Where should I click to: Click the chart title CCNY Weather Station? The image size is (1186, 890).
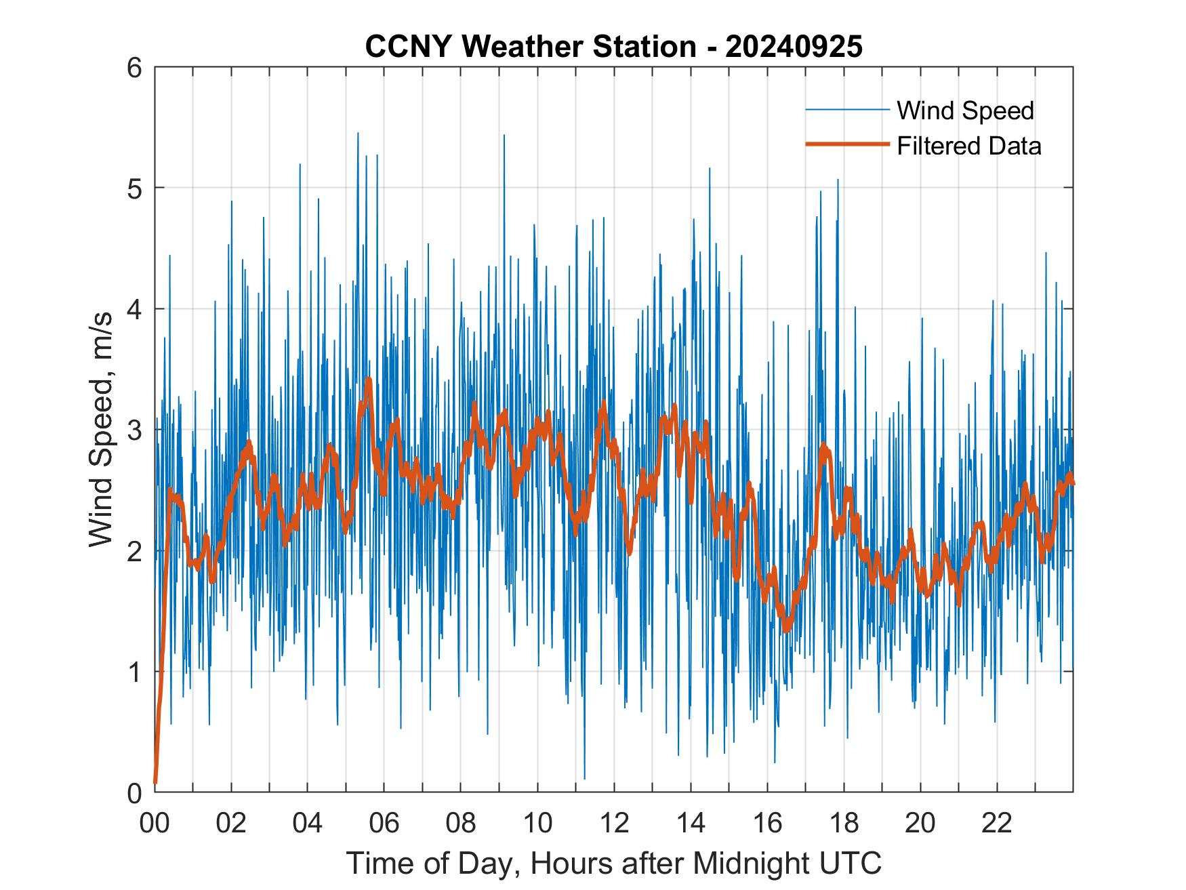click(x=530, y=47)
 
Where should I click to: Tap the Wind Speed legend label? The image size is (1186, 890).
click(x=965, y=110)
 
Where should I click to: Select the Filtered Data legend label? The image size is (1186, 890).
click(x=968, y=146)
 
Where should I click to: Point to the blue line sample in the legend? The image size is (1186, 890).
click(x=847, y=110)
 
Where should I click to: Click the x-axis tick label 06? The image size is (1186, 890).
click(x=384, y=823)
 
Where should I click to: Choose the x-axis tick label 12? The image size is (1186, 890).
click(x=614, y=823)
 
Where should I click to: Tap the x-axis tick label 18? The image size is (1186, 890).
click(x=844, y=823)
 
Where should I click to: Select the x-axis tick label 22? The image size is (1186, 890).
click(x=997, y=823)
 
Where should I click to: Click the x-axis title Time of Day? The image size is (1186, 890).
click(x=614, y=863)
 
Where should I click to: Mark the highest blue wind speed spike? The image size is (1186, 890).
click(x=358, y=134)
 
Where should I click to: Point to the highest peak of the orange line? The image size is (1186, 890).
click(x=369, y=380)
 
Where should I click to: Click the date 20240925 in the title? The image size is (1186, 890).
click(x=794, y=47)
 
